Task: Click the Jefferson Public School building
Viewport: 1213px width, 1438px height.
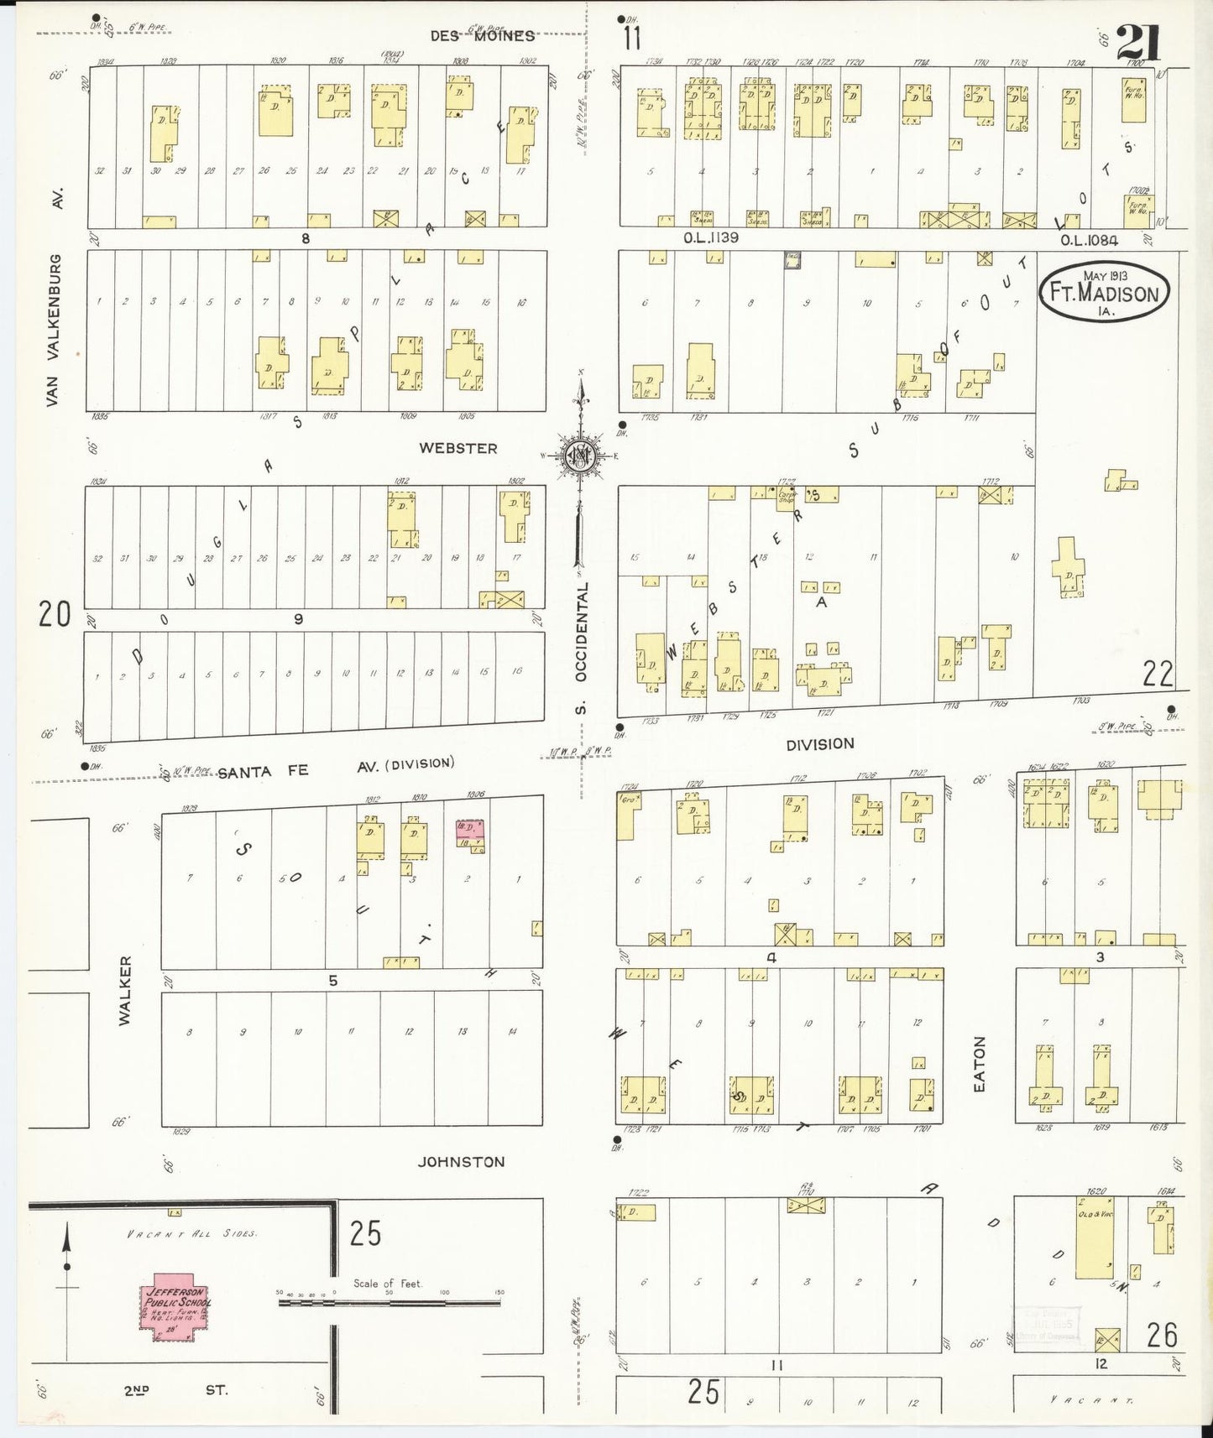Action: pos(175,1313)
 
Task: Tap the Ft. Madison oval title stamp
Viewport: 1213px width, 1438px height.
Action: pos(1104,290)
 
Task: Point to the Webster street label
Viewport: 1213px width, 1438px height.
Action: pos(457,449)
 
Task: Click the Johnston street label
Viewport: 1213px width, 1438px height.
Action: pos(462,1162)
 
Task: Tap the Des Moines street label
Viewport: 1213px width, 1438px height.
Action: pos(482,35)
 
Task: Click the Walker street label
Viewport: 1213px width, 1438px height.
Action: pos(125,990)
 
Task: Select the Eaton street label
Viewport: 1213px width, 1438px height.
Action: pos(979,1064)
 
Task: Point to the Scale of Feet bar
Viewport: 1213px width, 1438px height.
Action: pos(389,1302)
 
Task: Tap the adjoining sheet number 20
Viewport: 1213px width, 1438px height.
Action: pos(54,615)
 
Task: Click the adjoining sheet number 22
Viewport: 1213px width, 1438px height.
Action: pos(1158,673)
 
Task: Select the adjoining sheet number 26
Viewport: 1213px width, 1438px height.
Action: pos(1162,1334)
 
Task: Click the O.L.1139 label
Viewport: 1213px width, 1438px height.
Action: pos(710,237)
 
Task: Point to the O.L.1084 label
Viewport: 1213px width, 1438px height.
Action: pos(1088,240)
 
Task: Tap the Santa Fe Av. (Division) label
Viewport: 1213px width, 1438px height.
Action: pos(336,768)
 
